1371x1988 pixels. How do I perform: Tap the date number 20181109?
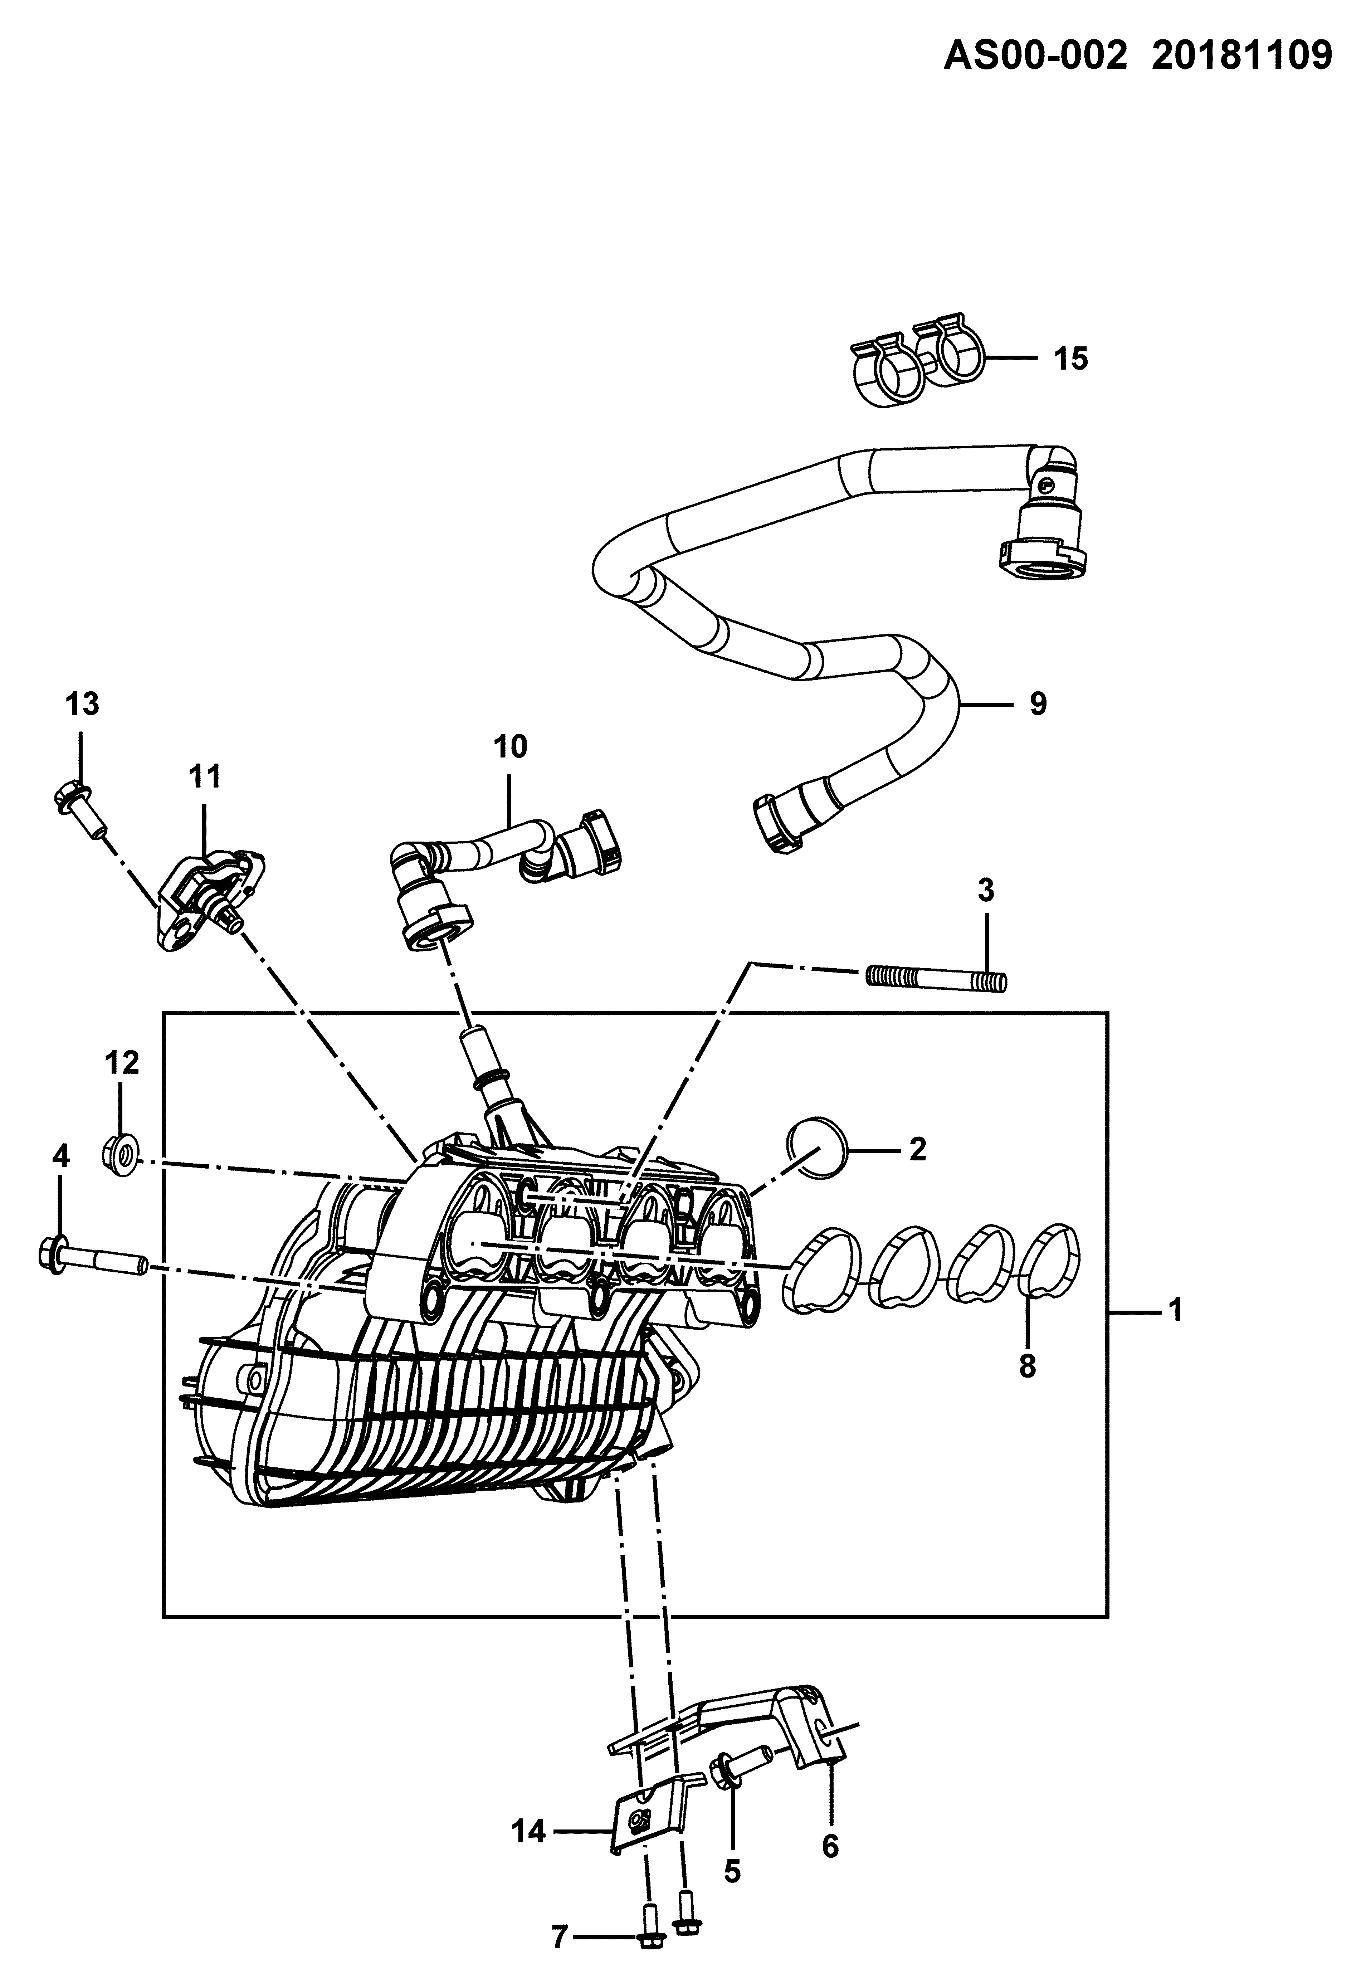tap(1242, 57)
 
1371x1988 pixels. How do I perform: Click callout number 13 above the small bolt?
tap(82, 705)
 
